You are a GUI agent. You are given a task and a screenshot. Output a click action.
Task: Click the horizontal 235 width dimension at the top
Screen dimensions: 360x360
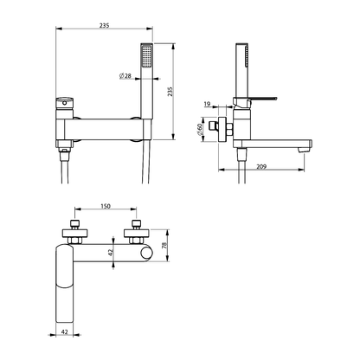pos(105,25)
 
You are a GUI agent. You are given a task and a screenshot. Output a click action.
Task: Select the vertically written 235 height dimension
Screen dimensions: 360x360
pos(170,92)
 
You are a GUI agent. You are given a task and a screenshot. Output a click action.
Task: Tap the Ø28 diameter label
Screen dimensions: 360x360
pos(125,76)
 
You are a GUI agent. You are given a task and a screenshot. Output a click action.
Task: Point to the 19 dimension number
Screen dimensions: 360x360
pos(208,104)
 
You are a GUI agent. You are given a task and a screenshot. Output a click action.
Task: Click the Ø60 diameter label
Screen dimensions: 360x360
pos(199,129)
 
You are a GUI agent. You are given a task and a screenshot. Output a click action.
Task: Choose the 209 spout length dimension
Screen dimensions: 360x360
pos(261,166)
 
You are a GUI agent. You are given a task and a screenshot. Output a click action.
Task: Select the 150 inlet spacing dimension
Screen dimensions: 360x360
pos(106,206)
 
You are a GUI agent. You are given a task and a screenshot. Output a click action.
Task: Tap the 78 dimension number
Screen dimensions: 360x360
pos(164,246)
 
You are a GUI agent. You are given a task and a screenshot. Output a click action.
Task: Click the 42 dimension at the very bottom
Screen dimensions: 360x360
pos(65,332)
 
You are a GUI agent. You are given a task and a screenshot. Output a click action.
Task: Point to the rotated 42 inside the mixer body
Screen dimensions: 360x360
pos(110,253)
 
